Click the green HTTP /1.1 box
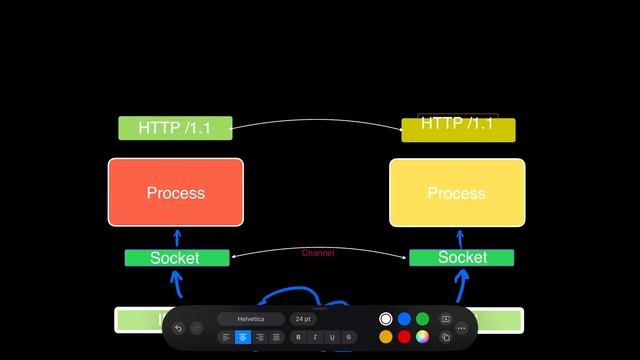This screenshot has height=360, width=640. point(175,128)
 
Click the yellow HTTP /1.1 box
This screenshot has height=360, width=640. point(458,130)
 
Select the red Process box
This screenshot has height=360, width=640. point(175,192)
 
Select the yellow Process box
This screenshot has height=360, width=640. point(457,192)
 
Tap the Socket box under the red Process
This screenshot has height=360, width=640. point(176,258)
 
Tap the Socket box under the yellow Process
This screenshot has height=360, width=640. point(461,258)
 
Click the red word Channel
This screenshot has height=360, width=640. point(318,253)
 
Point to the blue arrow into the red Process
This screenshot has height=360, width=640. point(177,238)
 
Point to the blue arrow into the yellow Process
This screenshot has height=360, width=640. point(460,238)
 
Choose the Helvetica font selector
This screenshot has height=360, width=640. point(251,319)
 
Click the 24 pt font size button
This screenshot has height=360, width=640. point(302,319)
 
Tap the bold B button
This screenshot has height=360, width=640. point(298,337)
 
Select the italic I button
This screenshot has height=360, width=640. point(315,337)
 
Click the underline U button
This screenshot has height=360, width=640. point(332,337)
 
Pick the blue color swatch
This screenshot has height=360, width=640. point(404,319)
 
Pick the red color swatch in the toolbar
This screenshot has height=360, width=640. point(404,337)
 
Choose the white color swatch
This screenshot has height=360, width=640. point(386,319)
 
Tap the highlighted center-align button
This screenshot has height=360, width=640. point(243,337)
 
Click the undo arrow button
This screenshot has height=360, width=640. point(178,327)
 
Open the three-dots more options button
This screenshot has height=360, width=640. point(461,327)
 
